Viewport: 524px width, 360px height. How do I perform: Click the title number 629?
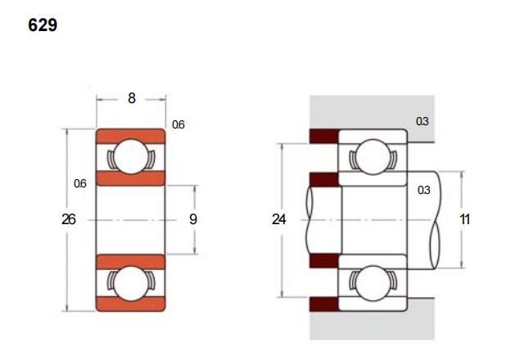43,25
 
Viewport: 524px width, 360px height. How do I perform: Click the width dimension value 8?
132,98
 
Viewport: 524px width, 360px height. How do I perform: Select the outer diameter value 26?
69,219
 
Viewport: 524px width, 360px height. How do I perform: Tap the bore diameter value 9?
193,219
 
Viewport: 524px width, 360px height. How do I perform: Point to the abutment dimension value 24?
278,219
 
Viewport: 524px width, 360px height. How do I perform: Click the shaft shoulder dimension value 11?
465,219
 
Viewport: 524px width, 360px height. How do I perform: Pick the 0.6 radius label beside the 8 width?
178,124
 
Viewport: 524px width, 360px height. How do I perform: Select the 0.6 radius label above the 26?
80,183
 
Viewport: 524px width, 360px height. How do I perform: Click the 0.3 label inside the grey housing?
422,121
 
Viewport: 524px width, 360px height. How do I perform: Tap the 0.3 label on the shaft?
424,190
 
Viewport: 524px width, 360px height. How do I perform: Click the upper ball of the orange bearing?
131,156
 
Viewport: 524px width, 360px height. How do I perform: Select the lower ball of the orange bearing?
131,283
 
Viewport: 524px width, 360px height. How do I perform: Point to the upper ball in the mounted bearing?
373,156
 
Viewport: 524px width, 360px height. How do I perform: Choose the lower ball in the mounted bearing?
373,283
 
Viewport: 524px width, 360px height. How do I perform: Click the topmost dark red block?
324,136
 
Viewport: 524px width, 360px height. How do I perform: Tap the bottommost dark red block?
324,304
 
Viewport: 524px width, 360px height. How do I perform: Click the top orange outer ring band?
131,137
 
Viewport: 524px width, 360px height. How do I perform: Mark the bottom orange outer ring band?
131,304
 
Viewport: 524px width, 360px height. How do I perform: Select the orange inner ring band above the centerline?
131,178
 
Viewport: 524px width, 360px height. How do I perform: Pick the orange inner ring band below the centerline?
131,262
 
